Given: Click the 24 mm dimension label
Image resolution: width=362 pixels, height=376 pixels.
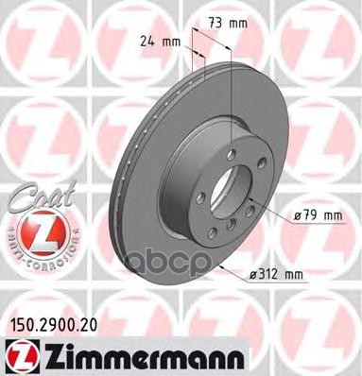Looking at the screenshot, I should tap(157, 42).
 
